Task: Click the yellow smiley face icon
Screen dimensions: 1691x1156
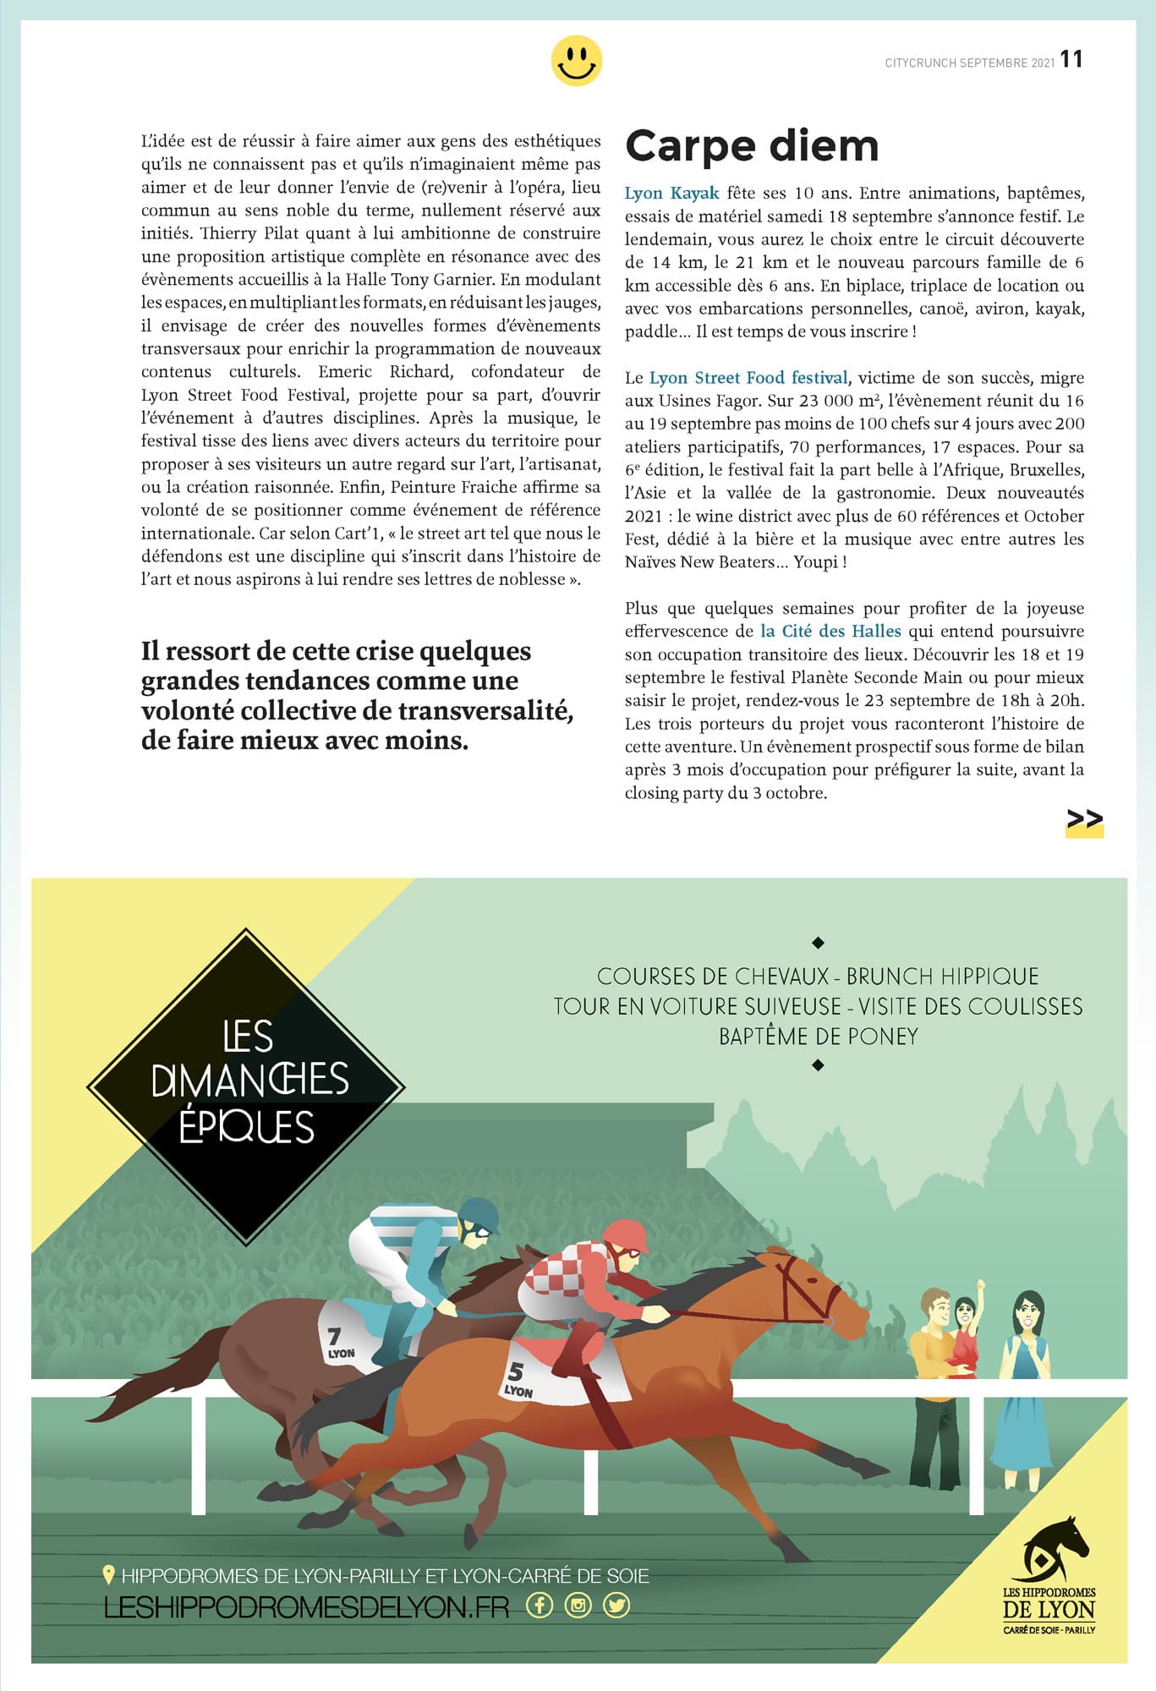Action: point(576,61)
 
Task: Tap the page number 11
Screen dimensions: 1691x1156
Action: point(1071,59)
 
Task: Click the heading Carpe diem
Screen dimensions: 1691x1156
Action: point(752,146)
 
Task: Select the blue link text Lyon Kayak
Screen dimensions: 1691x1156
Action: point(671,194)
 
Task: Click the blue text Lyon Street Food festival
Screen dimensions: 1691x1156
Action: point(748,378)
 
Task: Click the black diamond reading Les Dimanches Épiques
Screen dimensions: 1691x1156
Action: point(246,1086)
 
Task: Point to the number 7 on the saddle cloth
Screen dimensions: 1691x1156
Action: point(334,1335)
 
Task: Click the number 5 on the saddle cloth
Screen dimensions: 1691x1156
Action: point(515,1371)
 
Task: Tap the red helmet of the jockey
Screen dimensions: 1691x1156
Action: point(626,1236)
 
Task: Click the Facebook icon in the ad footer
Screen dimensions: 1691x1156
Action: point(540,1605)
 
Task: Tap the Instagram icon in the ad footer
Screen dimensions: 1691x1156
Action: point(578,1605)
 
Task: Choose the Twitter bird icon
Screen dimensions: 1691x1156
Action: point(616,1605)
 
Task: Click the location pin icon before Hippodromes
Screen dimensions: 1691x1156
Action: point(108,1575)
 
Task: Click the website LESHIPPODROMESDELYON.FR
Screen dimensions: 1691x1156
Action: point(306,1606)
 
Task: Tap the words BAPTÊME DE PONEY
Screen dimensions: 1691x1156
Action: point(818,1037)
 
